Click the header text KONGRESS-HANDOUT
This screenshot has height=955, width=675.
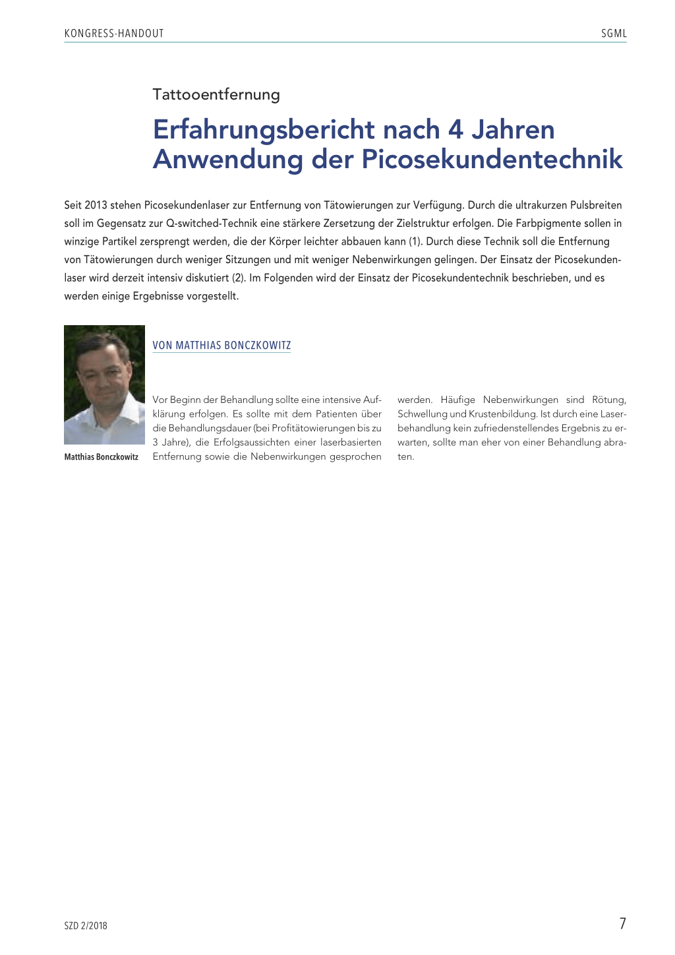(x=114, y=34)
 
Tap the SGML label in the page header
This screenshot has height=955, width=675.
(x=614, y=34)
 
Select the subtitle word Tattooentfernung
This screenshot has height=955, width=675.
(x=216, y=94)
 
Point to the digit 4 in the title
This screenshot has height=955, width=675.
(x=455, y=130)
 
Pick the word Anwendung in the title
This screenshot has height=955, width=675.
(x=227, y=160)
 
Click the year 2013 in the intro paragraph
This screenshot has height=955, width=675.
(x=96, y=205)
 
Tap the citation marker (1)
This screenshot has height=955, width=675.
(x=415, y=241)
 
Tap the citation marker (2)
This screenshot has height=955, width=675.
(x=239, y=278)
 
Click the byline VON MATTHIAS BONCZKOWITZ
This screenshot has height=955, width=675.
(x=221, y=346)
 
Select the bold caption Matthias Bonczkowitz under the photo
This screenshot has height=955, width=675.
(x=102, y=457)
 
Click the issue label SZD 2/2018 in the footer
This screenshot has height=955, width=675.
(x=86, y=926)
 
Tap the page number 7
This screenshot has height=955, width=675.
(x=622, y=923)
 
